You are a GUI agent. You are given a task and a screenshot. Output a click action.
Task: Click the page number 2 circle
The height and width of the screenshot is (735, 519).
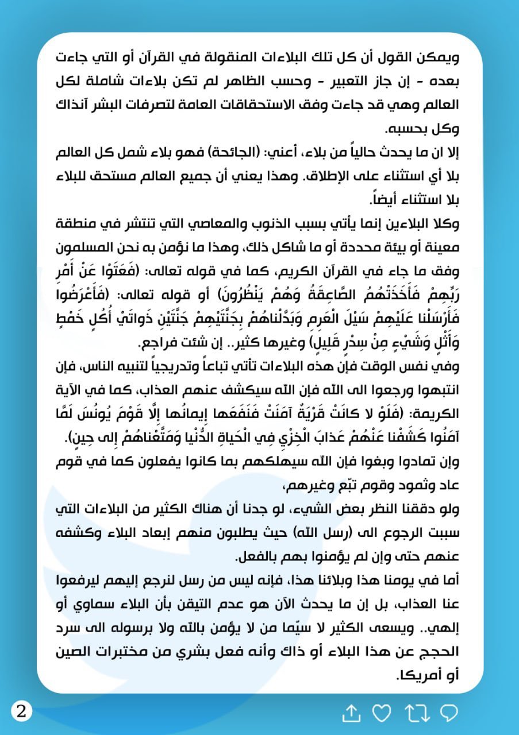tap(22, 712)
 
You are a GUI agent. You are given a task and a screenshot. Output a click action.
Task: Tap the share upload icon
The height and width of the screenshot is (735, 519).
tap(351, 713)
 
